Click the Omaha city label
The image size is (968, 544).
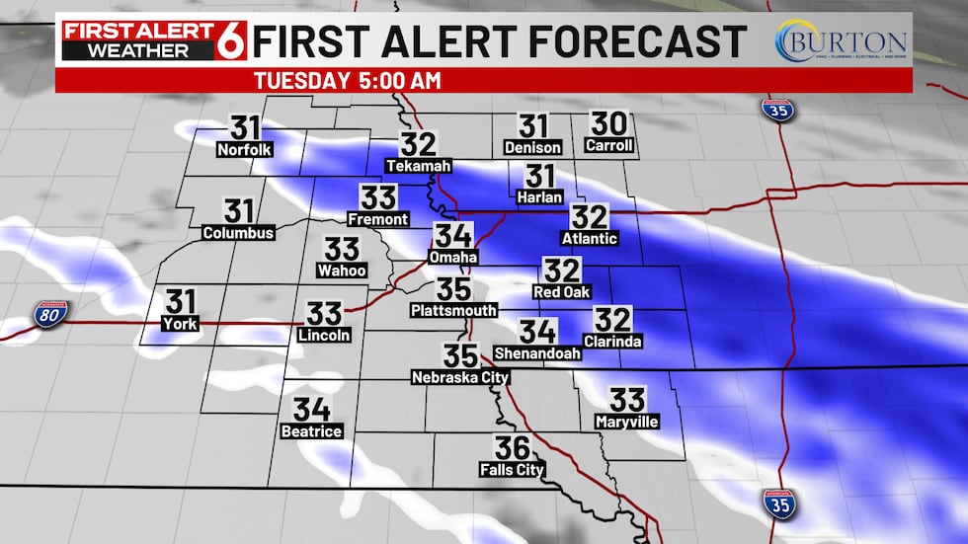pos(453,258)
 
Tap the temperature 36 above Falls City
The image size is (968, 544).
pos(514,448)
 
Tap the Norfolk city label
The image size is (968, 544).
pos(245,150)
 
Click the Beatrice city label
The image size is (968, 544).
pos(311,431)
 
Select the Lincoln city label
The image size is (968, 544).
pos(324,336)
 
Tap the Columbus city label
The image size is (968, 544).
pos(238,233)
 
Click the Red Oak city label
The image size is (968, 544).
pos(562,292)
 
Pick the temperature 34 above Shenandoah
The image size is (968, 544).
pos(538,332)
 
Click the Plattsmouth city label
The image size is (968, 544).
pos(453,311)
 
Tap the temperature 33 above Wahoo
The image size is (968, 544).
pos(343,249)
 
